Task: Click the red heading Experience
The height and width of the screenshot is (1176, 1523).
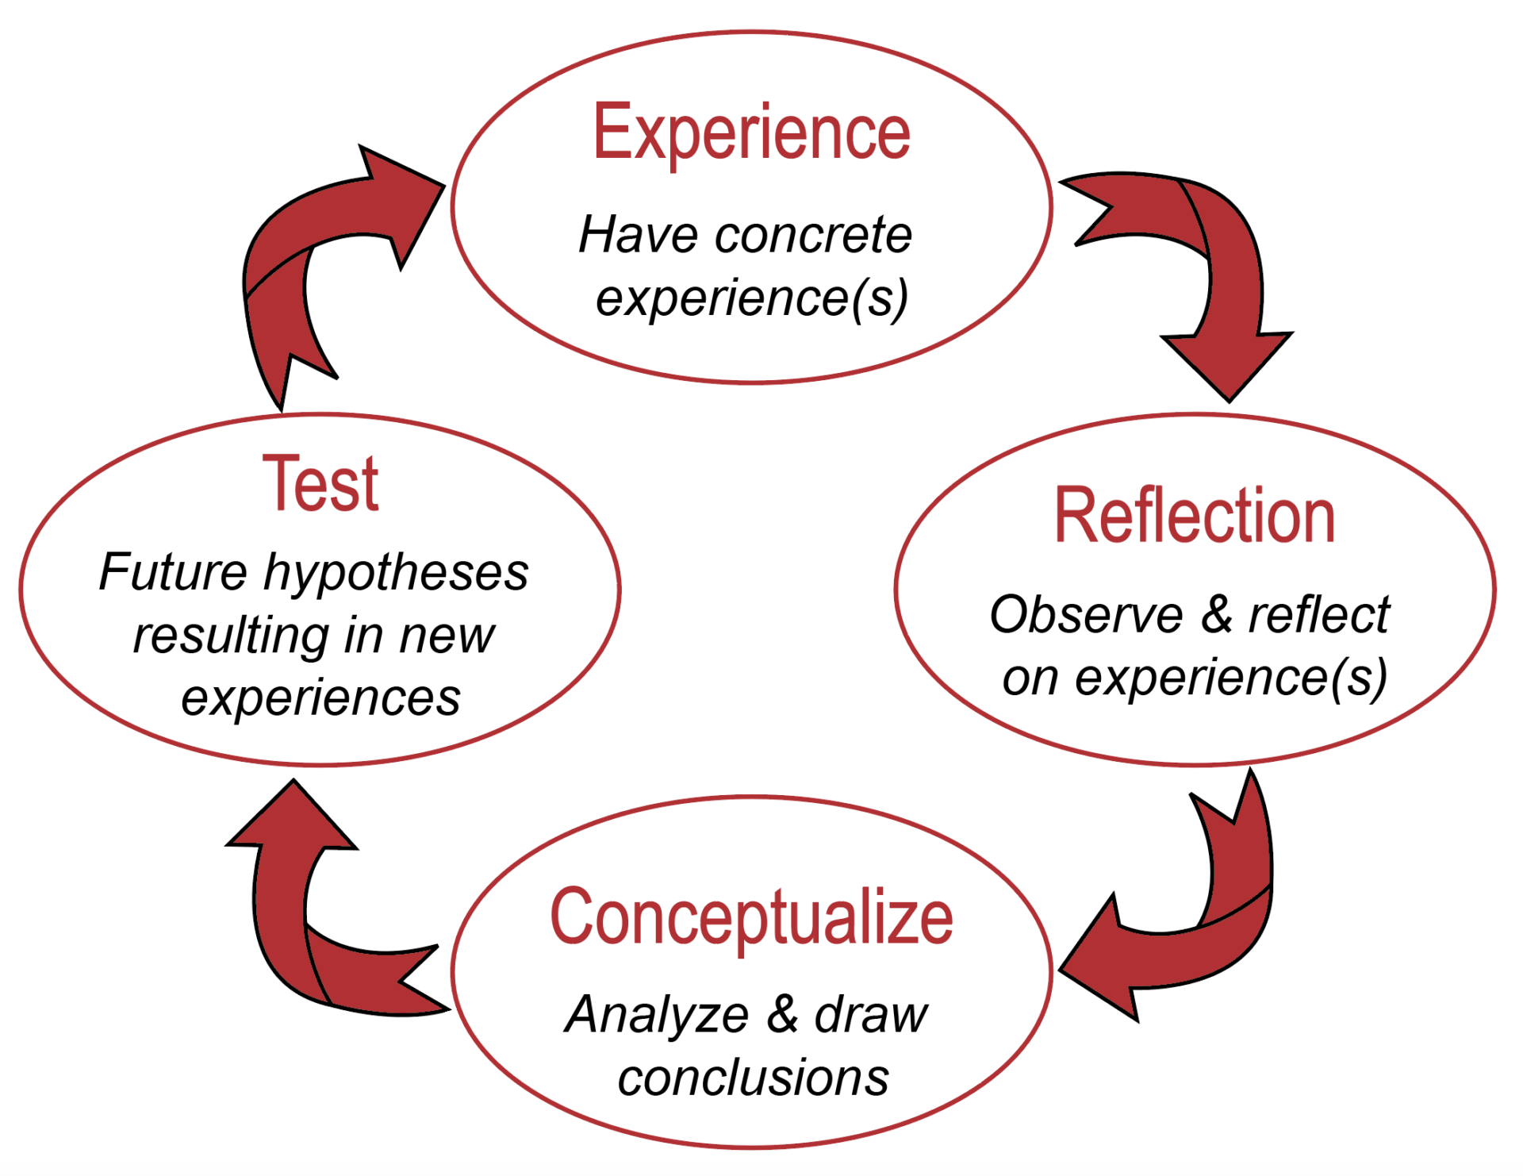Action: (x=751, y=133)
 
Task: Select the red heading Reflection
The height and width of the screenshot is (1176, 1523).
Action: (x=1194, y=517)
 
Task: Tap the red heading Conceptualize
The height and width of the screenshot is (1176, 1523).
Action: (x=751, y=918)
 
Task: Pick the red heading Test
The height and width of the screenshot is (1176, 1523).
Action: (x=320, y=483)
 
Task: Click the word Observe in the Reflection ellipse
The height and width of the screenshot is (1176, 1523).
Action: (x=1086, y=615)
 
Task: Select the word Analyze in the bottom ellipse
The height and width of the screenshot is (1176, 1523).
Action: (x=657, y=1015)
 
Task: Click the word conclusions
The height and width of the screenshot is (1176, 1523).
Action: (x=753, y=1078)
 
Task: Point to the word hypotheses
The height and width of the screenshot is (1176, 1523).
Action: (x=396, y=573)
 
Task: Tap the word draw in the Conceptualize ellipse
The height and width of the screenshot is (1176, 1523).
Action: (x=870, y=1015)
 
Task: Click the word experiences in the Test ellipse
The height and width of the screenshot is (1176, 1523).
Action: (x=320, y=698)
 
